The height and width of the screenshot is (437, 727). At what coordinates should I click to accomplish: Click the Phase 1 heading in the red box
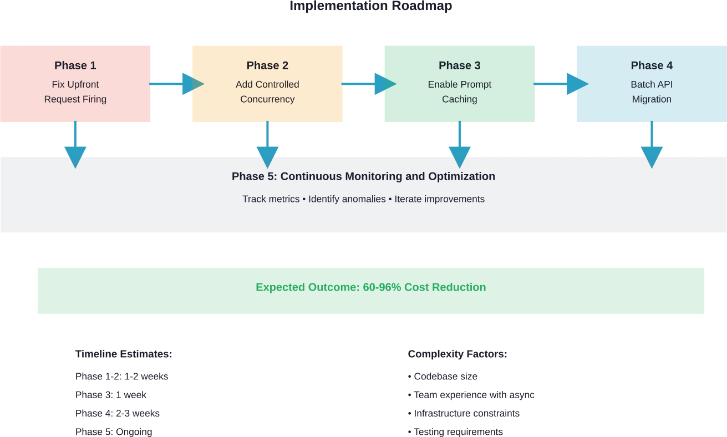coord(75,65)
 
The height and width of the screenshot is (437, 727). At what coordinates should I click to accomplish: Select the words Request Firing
coord(75,99)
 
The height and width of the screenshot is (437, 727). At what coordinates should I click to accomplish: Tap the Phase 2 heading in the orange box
coord(267,65)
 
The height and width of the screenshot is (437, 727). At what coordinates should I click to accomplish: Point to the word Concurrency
coord(267,99)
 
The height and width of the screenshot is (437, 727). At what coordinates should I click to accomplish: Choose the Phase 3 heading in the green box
coord(459,65)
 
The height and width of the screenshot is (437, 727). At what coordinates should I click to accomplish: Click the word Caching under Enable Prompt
coord(459,99)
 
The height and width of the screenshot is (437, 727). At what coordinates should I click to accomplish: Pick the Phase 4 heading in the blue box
coord(652,65)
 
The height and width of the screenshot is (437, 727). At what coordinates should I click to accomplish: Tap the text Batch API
coord(652,84)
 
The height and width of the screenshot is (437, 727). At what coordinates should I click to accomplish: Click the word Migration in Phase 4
coord(652,99)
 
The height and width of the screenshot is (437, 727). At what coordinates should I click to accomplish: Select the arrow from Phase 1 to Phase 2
coord(176,84)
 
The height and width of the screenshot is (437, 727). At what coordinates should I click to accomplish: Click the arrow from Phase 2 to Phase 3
coord(368,84)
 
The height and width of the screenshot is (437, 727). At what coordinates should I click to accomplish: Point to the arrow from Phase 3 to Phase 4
coord(556,84)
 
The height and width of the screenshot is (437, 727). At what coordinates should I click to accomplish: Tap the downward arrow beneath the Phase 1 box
coord(75,145)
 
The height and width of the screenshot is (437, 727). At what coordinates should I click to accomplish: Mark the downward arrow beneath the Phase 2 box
coord(267,145)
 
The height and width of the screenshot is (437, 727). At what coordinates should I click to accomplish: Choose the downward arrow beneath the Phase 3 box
coord(460,145)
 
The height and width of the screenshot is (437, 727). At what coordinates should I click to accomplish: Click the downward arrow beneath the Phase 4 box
coord(652,145)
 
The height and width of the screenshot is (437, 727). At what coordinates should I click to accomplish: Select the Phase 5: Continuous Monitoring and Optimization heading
coord(363,176)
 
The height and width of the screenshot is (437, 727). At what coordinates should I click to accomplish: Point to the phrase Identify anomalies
coord(347,199)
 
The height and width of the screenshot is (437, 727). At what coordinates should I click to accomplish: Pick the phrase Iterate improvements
coord(439,199)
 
